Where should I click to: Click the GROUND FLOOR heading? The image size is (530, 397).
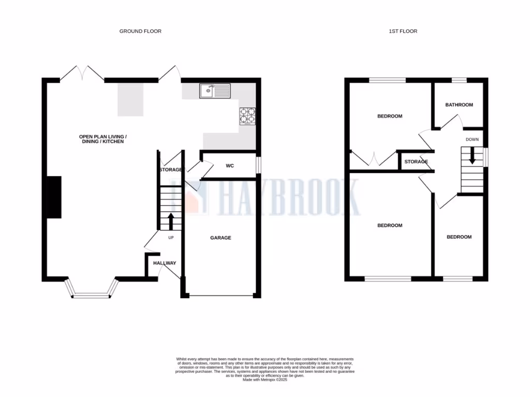pyautogui.click(x=140, y=32)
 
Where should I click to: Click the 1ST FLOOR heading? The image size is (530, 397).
pyautogui.click(x=403, y=32)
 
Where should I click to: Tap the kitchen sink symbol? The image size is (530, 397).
pyautogui.click(x=215, y=91)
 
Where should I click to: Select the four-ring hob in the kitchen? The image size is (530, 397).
pyautogui.click(x=248, y=116)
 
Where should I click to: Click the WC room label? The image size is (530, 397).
pyautogui.click(x=230, y=166)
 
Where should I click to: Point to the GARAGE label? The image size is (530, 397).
pyautogui.click(x=220, y=238)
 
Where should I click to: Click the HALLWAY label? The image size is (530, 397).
pyautogui.click(x=165, y=263)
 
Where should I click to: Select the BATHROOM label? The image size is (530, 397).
pyautogui.click(x=459, y=105)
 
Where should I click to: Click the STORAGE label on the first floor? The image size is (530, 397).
pyautogui.click(x=416, y=162)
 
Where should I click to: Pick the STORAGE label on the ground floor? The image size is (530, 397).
pyautogui.click(x=170, y=170)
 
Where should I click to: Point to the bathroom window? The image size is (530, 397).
pyautogui.click(x=459, y=80)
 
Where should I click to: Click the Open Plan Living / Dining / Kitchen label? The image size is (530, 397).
pyautogui.click(x=102, y=139)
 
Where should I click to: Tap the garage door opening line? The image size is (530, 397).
pyautogui.click(x=221, y=297)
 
